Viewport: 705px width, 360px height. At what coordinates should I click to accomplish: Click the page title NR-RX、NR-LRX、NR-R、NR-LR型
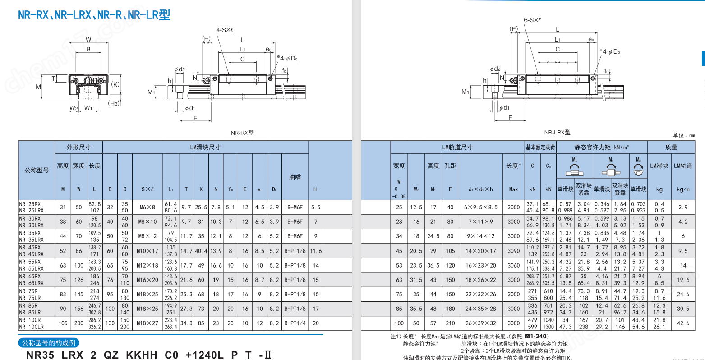[x=94, y=15]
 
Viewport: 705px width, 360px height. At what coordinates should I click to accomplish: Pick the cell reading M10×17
[x=147, y=251]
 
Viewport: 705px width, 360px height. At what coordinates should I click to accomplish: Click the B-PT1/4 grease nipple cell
[x=295, y=323]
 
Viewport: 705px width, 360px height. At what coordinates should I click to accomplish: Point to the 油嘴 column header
[x=295, y=177]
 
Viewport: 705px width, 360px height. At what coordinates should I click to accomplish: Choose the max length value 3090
[x=513, y=251]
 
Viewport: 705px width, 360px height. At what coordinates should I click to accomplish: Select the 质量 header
[x=671, y=147]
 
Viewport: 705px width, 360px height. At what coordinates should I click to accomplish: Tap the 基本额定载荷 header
[x=540, y=147]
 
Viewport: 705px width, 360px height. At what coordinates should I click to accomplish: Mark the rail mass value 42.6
[x=683, y=323]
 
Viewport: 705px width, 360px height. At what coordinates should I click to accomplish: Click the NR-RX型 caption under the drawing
[x=242, y=133]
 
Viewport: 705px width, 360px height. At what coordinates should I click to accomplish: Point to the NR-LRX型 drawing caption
[x=557, y=132]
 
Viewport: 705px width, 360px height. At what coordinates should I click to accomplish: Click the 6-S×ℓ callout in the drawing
[x=532, y=20]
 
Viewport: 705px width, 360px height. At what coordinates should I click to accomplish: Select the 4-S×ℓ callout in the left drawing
[x=224, y=30]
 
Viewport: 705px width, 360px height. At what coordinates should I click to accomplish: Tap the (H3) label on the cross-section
[x=114, y=103]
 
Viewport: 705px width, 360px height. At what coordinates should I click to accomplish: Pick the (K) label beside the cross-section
[x=115, y=84]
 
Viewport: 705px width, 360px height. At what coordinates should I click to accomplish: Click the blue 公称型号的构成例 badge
[x=49, y=343]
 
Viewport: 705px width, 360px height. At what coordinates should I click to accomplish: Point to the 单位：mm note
[x=684, y=135]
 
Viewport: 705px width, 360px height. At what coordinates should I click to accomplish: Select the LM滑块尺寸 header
[x=205, y=147]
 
